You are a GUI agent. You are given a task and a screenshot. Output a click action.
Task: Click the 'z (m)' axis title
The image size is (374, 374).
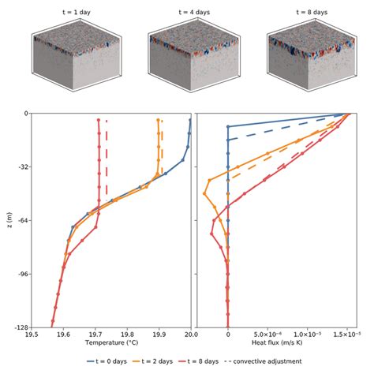click(x=7, y=220)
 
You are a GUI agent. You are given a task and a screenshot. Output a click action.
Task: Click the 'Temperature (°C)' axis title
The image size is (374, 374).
click(x=110, y=344)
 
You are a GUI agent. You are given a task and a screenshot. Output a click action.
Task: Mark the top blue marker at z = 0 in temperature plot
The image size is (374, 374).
click(x=190, y=120)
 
